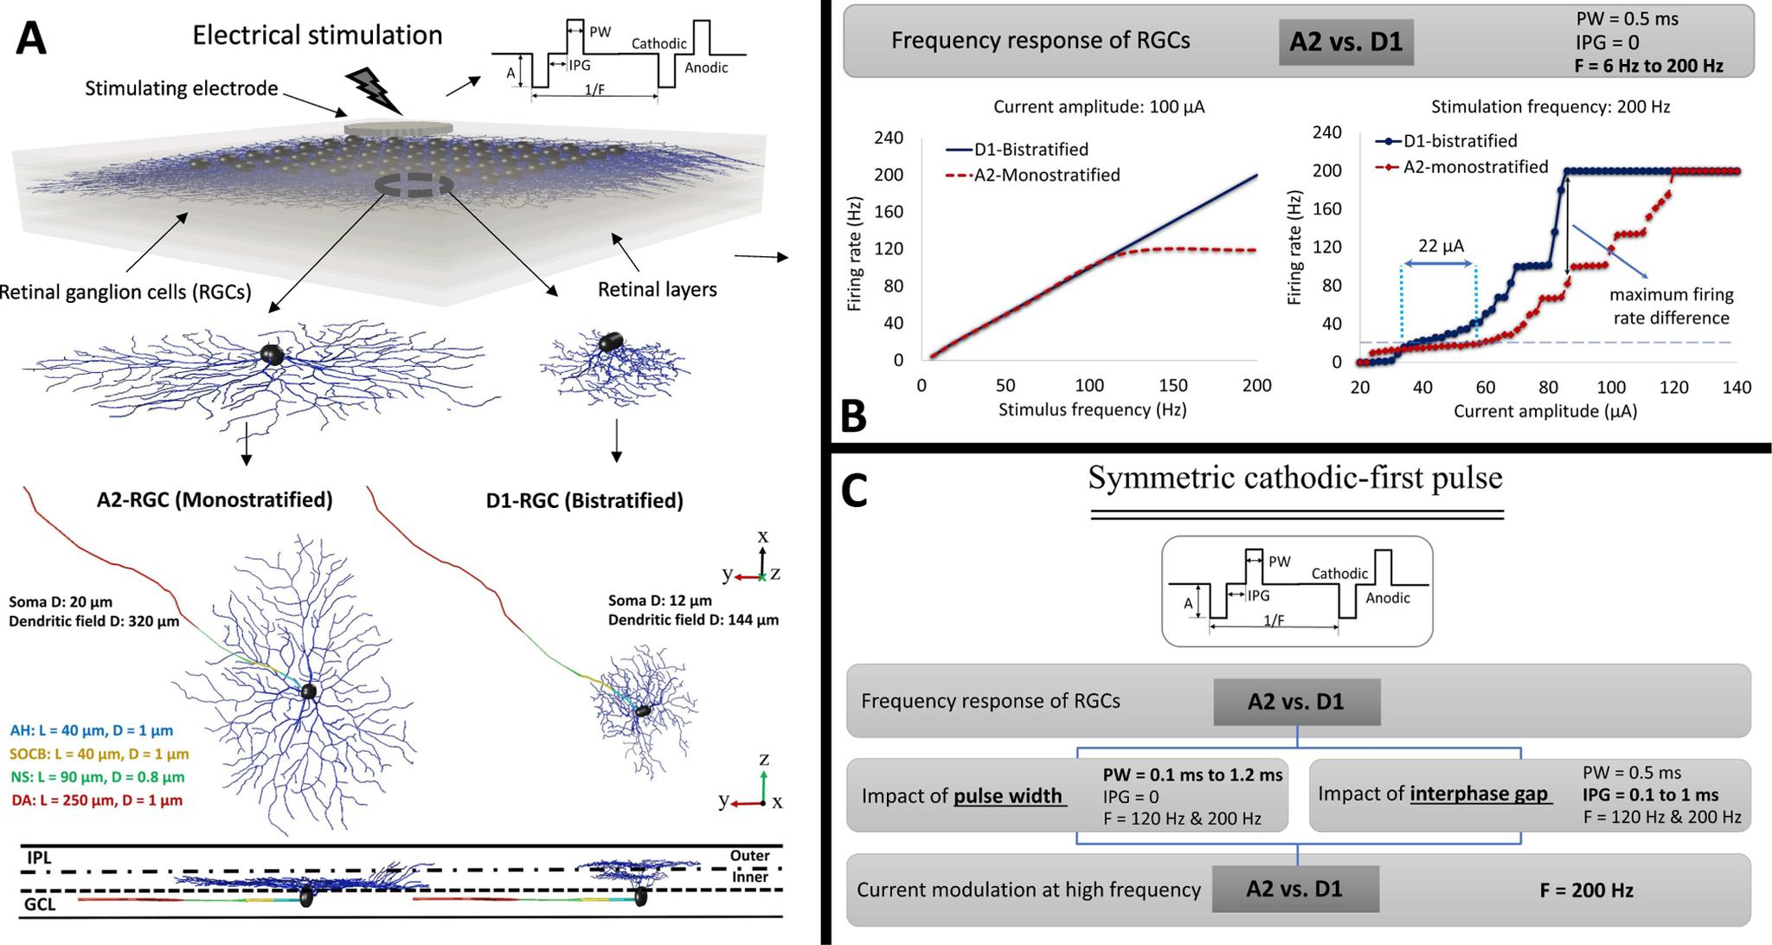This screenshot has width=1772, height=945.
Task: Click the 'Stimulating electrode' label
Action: point(181,88)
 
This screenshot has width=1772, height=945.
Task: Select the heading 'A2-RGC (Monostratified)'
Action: point(215,499)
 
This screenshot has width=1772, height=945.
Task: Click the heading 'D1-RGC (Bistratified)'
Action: point(585,500)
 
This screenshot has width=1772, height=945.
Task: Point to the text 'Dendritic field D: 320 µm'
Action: point(94,620)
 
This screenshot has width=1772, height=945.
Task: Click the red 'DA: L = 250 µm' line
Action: point(97,800)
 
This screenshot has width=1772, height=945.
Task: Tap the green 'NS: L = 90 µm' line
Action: point(98,777)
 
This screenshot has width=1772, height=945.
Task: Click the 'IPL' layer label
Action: point(40,858)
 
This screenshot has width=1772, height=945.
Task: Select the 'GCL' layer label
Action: point(42,907)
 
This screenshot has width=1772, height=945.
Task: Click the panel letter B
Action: point(853,416)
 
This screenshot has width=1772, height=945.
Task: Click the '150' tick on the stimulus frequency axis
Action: point(1173,386)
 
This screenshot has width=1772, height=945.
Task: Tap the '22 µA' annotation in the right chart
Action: point(1441,246)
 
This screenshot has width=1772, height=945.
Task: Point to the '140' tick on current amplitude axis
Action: point(1737,388)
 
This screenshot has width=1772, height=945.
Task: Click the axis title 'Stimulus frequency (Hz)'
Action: point(1092,409)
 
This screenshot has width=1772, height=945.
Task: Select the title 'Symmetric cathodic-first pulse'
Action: point(1295,478)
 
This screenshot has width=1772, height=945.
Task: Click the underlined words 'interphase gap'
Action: point(1479,794)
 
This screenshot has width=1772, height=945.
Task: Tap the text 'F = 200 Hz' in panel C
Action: point(1586,890)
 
